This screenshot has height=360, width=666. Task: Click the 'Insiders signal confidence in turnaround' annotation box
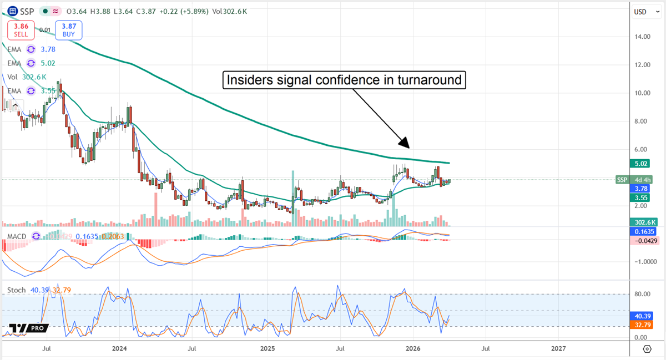344,80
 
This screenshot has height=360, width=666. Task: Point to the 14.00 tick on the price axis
643,37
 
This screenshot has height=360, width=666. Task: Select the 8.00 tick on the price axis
643,121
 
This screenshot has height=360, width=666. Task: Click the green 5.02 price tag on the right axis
642,164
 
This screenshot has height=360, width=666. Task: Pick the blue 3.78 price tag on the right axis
642,189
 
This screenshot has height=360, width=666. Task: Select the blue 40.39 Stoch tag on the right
642,316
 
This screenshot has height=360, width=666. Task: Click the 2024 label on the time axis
119,348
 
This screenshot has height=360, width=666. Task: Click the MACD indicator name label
17,236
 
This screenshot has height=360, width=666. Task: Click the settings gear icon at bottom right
647,348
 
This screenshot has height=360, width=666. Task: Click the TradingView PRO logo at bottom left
26,329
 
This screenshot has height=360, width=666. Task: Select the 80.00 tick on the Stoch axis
643,295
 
